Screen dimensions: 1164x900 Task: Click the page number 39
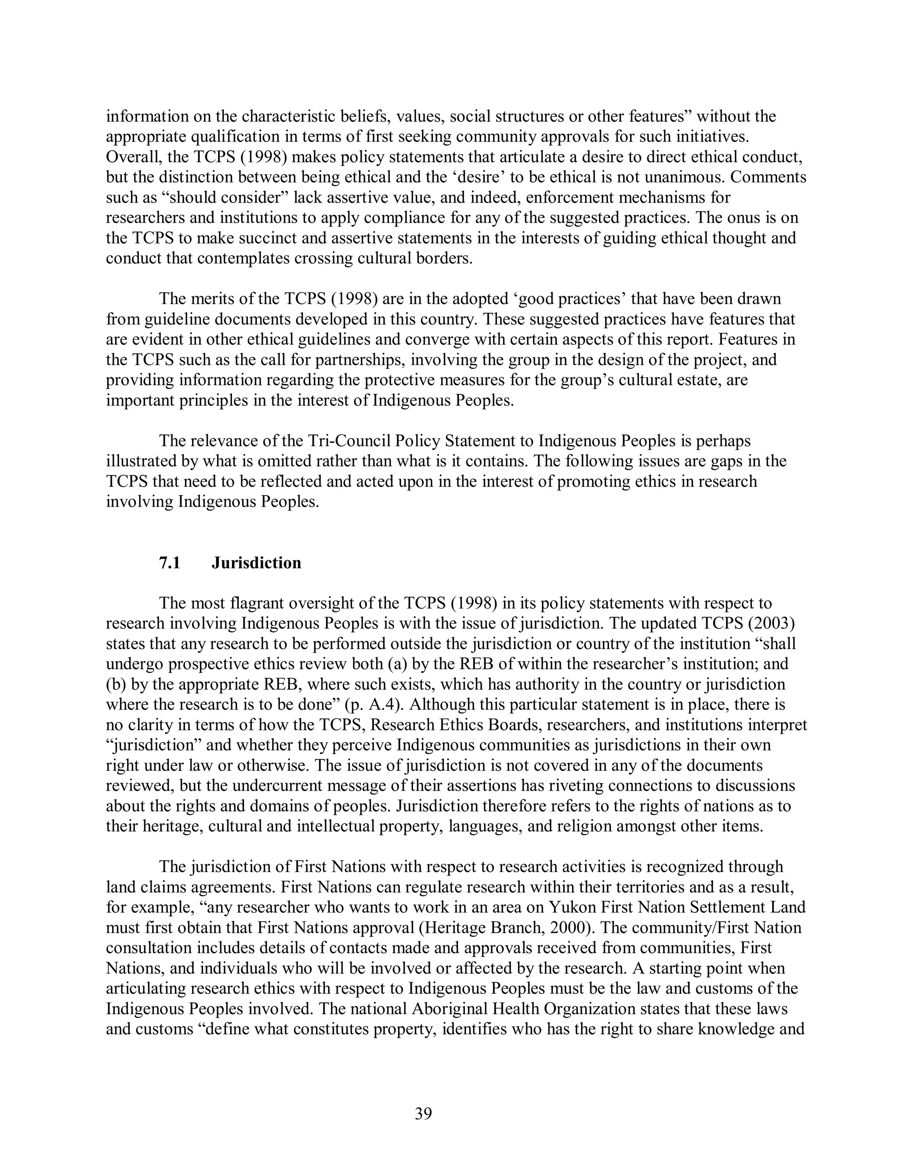pos(423,1113)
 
